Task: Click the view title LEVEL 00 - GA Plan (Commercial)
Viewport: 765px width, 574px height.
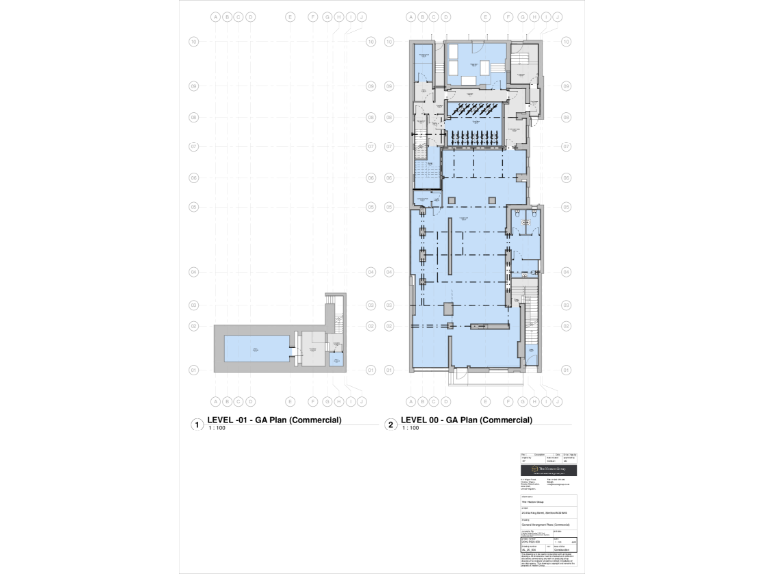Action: (x=466, y=420)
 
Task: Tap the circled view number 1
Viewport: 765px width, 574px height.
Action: (x=197, y=425)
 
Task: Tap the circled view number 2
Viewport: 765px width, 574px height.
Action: (x=391, y=425)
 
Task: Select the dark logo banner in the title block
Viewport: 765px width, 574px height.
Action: (x=551, y=468)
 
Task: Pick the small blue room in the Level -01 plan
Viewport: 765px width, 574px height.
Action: (x=336, y=359)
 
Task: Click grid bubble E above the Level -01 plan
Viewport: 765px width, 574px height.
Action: (x=290, y=17)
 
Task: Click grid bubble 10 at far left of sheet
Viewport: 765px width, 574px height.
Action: (x=193, y=42)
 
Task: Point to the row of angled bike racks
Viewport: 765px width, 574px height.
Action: (x=475, y=108)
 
